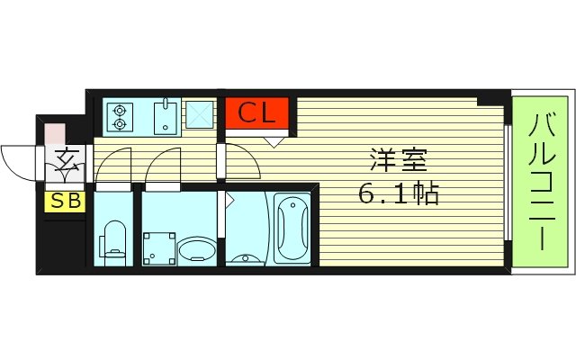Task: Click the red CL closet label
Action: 256,114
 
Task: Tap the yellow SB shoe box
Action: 64,201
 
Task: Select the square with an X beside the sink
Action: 199,115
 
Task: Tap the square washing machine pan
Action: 159,245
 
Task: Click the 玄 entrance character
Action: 65,162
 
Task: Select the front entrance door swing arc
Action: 18,163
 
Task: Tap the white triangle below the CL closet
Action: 274,140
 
